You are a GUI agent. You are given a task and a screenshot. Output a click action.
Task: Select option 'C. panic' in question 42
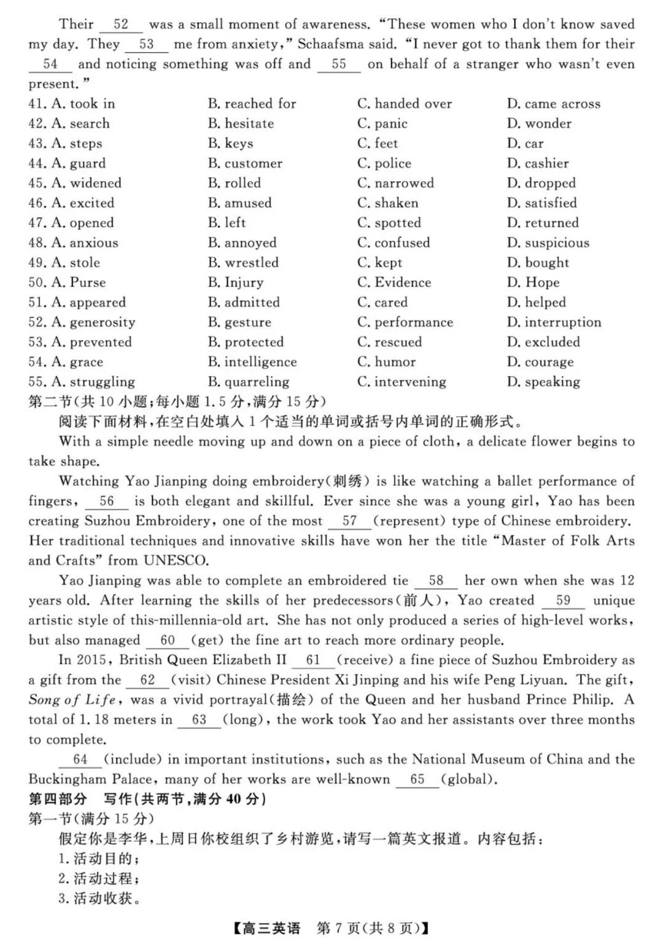(x=382, y=124)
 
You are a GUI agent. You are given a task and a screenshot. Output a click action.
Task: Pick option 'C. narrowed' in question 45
(x=395, y=183)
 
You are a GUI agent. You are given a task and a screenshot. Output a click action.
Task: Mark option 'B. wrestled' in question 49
(x=243, y=263)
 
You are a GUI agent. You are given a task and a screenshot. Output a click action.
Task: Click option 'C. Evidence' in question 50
(x=394, y=282)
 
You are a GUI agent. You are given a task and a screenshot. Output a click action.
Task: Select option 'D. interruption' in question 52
(x=554, y=322)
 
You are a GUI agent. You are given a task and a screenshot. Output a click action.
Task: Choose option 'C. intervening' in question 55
(x=401, y=382)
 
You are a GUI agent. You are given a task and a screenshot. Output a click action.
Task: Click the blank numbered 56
(x=106, y=501)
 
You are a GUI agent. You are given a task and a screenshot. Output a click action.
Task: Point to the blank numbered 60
(x=168, y=641)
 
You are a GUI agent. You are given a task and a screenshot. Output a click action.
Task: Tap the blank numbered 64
(x=80, y=760)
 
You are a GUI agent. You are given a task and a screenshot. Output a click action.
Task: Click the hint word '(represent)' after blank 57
(x=409, y=521)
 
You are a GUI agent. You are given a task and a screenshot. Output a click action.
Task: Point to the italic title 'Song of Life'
(x=71, y=700)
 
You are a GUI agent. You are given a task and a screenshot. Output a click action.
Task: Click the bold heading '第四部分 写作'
(x=147, y=799)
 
